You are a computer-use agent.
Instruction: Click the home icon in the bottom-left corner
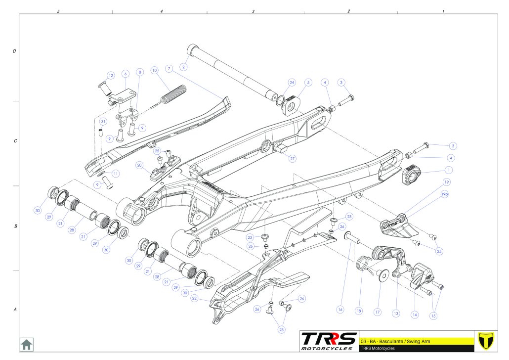[x=26, y=344]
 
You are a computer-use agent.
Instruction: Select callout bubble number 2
[x=184, y=67]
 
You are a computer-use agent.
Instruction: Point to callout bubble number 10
[x=154, y=70]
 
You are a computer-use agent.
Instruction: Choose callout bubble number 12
[x=111, y=76]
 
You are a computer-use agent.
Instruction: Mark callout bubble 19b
[x=444, y=195]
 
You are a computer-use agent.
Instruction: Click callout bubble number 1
[x=449, y=169]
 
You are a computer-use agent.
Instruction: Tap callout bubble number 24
[x=292, y=82]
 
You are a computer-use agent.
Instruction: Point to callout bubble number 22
[x=195, y=298]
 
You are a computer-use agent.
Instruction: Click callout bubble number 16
[x=340, y=310]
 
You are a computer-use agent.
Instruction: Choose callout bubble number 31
[x=103, y=121]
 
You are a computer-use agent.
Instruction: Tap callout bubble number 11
[x=115, y=174]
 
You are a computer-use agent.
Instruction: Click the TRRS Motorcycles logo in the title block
[x=329, y=341]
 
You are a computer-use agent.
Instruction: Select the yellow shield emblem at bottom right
[x=487, y=341]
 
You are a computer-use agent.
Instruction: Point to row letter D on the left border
[x=14, y=51]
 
